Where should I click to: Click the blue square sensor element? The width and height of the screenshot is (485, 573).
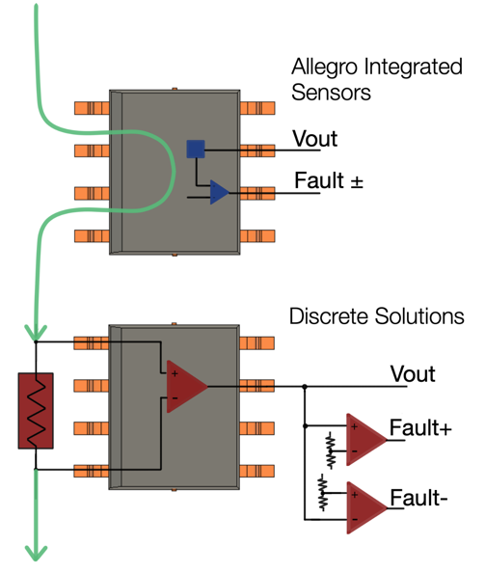click(x=196, y=149)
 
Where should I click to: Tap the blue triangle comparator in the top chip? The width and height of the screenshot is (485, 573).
click(x=219, y=193)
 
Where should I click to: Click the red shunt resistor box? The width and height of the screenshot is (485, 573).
click(x=35, y=410)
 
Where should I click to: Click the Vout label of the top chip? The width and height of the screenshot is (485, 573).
click(x=315, y=139)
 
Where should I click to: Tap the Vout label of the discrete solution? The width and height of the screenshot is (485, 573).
click(x=413, y=373)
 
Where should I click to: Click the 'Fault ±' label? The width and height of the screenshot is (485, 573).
click(x=329, y=180)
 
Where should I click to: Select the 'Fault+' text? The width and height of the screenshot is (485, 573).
click(x=420, y=427)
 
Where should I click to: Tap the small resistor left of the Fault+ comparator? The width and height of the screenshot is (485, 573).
click(x=330, y=445)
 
